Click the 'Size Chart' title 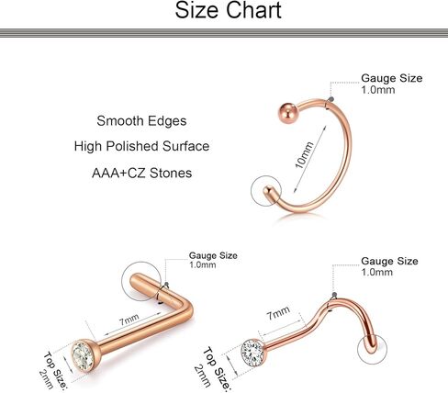click(228, 10)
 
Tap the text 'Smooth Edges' click(141, 121)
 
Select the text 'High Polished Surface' click(141, 146)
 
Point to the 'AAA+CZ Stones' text click(142, 174)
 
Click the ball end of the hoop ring click(287, 113)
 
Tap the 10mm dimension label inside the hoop click(305, 155)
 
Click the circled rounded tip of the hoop click(271, 192)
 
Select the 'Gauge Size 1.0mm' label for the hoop click(391, 84)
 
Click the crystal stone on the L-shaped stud click(83, 355)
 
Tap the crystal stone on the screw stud click(252, 352)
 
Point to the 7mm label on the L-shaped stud click(129, 320)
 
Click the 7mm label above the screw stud click(278, 313)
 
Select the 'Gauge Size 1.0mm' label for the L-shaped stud click(213, 260)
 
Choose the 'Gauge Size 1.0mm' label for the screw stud click(389, 266)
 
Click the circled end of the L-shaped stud click(141, 282)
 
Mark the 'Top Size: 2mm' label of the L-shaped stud click(52, 371)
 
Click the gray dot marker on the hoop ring click(330, 99)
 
